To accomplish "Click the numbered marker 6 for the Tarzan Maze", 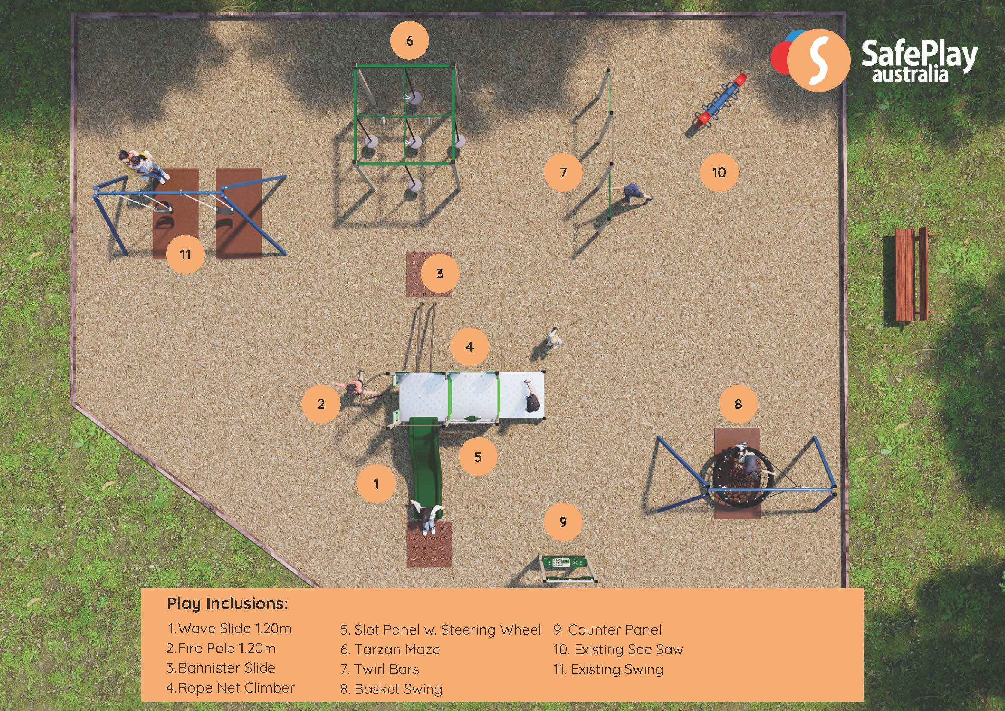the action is point(409,41).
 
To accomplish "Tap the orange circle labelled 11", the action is point(185,254).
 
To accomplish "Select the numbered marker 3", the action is point(440,274).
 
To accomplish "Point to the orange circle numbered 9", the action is point(563,522).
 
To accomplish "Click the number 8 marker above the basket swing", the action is point(738,404).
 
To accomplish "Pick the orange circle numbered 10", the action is point(719,172).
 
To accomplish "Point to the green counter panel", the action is point(568,569).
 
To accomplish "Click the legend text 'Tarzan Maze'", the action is point(397,649).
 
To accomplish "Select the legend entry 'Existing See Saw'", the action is point(618,649).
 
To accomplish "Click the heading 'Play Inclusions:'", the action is point(228,604).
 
